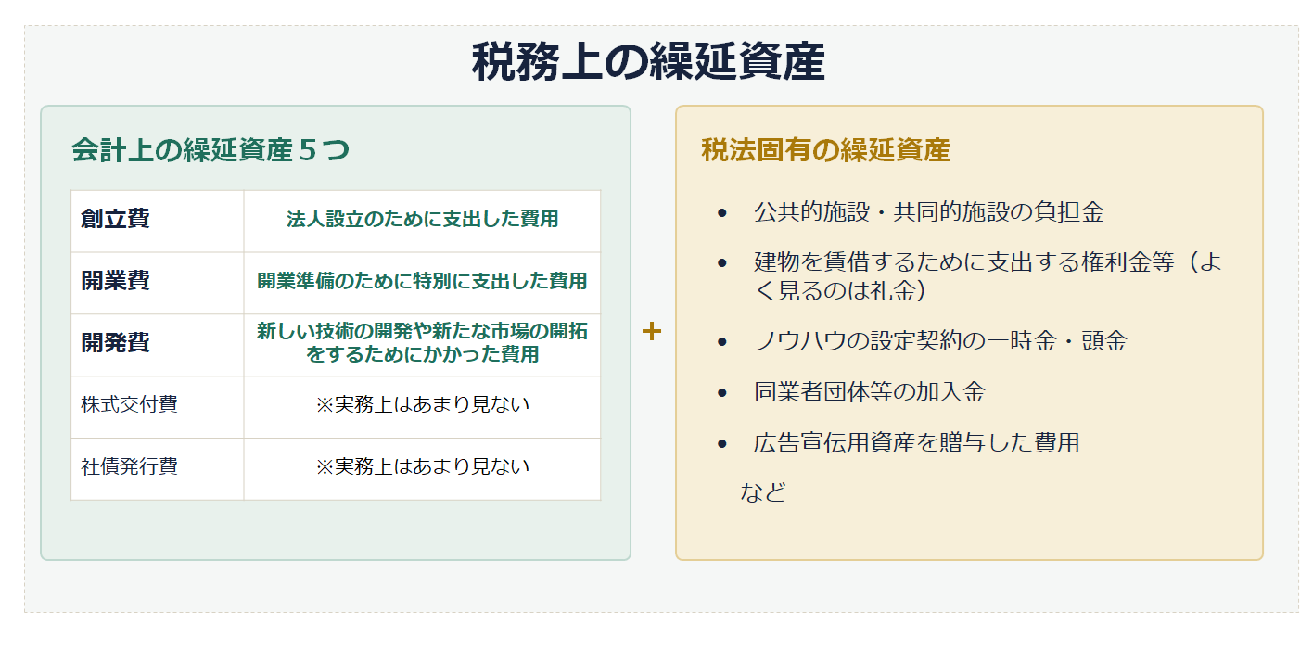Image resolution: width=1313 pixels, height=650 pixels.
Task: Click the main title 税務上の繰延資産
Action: point(648,61)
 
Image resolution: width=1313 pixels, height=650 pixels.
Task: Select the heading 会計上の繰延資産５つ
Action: point(210,150)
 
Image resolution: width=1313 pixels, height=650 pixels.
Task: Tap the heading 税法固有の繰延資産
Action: point(825,150)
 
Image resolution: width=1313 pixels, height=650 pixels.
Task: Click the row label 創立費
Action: point(116,219)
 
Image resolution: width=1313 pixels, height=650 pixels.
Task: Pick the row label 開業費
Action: point(116,281)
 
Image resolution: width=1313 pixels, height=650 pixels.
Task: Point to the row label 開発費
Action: point(116,343)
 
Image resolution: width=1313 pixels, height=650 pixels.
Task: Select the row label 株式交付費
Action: point(130,404)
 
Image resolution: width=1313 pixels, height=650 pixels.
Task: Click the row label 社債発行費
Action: point(130,466)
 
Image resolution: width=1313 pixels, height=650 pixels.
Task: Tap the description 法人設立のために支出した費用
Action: point(422,219)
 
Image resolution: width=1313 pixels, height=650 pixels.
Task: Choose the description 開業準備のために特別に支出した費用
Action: point(422,281)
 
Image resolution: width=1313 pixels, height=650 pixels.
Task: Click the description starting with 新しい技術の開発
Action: point(422,343)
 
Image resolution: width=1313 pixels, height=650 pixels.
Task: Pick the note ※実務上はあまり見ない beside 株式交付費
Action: point(422,404)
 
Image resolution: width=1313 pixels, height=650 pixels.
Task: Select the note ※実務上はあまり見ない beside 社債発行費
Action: point(422,466)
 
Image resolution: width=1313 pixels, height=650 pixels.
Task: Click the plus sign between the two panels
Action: point(652,332)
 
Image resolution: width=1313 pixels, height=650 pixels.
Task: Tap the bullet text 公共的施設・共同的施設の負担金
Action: point(928,212)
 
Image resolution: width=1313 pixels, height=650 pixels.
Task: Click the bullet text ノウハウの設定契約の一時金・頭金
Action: point(940,341)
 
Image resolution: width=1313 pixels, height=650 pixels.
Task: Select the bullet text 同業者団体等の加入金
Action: point(870,392)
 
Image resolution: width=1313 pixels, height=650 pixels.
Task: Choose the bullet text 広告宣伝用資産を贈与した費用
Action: point(917,443)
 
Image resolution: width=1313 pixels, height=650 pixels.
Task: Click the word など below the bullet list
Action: point(763,492)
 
